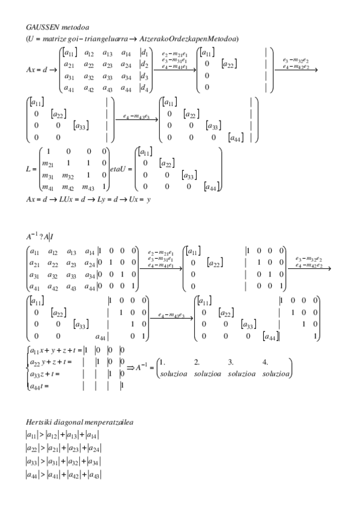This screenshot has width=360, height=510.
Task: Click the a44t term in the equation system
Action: [37, 386]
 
